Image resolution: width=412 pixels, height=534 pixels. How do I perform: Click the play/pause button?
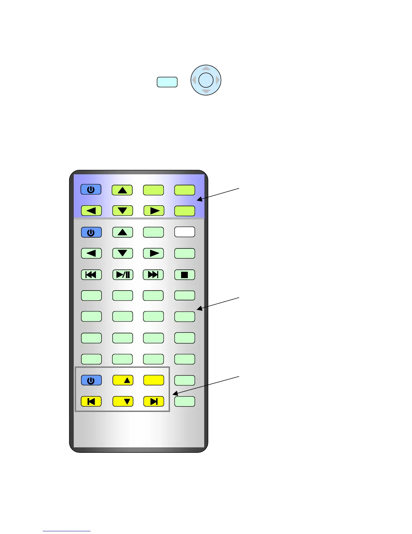[x=123, y=275]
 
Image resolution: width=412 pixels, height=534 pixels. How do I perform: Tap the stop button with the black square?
[x=184, y=275]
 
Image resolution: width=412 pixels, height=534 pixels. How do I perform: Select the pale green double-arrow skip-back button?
[x=91, y=275]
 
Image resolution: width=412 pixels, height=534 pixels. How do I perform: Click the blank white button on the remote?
[x=184, y=232]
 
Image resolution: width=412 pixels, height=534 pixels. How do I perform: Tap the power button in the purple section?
[x=91, y=189]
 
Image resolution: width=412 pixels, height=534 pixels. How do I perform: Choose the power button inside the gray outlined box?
[x=91, y=380]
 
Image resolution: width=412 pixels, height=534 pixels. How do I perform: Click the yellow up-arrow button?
[x=123, y=380]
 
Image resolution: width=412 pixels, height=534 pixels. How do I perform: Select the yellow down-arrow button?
[x=123, y=402]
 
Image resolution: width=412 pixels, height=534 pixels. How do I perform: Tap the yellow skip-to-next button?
[x=153, y=402]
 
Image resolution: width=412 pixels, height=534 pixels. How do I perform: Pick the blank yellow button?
[x=153, y=380]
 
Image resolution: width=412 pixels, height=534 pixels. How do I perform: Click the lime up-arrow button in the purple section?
[x=122, y=190]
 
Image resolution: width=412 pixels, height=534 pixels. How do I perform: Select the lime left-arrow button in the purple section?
[x=91, y=211]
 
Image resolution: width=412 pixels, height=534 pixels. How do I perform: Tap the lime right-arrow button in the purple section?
[x=153, y=211]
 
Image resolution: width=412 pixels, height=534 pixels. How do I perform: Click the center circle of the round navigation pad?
[x=206, y=80]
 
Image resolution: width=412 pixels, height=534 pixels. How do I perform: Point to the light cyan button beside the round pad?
[x=167, y=82]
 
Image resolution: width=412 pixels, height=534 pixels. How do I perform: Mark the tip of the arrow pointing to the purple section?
[x=197, y=200]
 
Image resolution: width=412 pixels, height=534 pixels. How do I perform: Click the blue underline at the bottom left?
[x=66, y=531]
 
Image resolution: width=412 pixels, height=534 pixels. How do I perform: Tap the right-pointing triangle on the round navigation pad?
[x=218, y=80]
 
